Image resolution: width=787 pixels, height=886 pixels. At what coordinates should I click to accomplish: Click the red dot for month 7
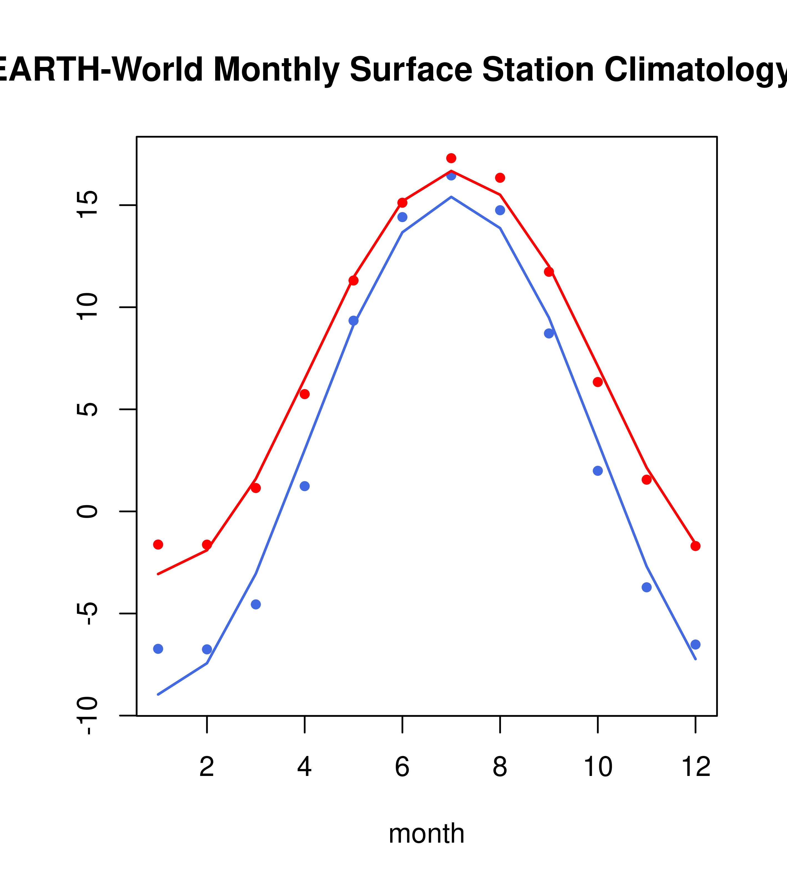pos(451,158)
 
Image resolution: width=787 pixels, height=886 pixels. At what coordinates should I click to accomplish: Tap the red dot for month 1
pos(158,544)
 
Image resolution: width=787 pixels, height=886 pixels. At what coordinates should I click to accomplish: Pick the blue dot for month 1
pos(158,649)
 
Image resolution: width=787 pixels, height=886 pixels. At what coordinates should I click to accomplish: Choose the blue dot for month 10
pos(598,471)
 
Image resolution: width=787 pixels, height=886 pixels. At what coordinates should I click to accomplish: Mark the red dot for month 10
pos(598,382)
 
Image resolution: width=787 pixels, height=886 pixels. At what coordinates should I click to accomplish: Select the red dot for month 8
pos(500,178)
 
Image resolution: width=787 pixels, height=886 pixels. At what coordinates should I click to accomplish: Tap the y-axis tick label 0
pos(87,511)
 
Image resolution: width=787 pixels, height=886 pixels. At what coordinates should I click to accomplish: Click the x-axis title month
pos(426,833)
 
